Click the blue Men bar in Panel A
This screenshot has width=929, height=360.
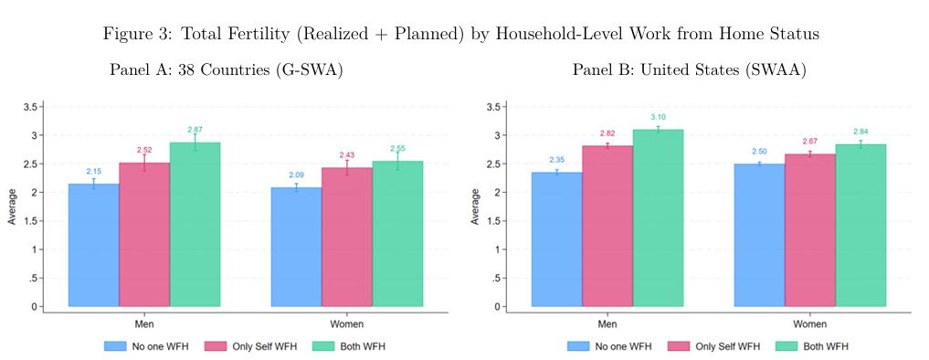tap(93, 245)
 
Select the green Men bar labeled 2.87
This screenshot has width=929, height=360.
tap(195, 225)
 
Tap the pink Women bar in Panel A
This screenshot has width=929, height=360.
tap(347, 238)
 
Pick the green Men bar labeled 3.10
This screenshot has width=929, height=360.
tap(659, 218)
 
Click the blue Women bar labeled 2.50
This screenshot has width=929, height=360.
tap(760, 236)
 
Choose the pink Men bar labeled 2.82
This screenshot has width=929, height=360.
tap(607, 226)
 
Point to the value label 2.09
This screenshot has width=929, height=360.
tap(297, 175)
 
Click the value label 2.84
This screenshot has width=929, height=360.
tap(860, 131)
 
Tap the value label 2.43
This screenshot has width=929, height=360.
tap(347, 154)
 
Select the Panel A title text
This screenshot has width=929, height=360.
tap(227, 70)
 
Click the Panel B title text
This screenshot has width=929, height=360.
tap(689, 70)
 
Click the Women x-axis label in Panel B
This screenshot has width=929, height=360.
tap(810, 324)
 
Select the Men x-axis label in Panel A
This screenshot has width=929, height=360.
tap(144, 324)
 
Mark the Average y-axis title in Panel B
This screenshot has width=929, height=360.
tap(475, 206)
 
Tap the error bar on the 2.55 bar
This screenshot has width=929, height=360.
tap(397, 161)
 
